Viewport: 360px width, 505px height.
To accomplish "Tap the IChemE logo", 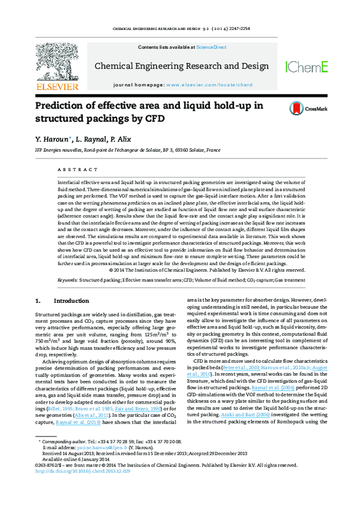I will click(x=306, y=67).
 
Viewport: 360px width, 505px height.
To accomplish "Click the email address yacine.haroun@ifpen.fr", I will click(x=89, y=464).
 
